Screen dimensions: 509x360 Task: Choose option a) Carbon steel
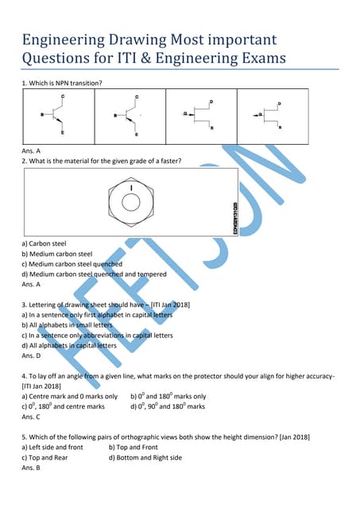click(x=44, y=243)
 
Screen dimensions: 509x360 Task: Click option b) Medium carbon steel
click(x=57, y=254)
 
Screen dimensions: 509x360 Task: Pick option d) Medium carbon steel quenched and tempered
click(x=94, y=274)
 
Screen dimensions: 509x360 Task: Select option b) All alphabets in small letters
click(x=68, y=325)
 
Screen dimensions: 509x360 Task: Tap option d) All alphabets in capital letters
click(x=69, y=346)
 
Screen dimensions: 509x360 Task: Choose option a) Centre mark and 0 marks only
click(x=69, y=396)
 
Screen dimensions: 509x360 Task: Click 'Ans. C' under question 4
click(x=33, y=417)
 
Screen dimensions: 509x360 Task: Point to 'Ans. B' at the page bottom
click(x=33, y=468)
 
